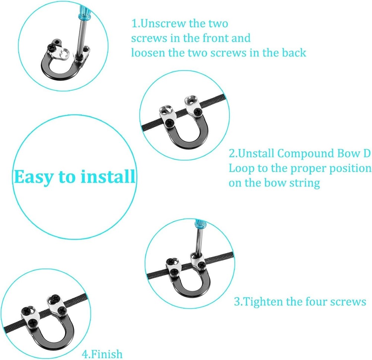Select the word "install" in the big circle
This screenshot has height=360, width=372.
click(108, 176)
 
